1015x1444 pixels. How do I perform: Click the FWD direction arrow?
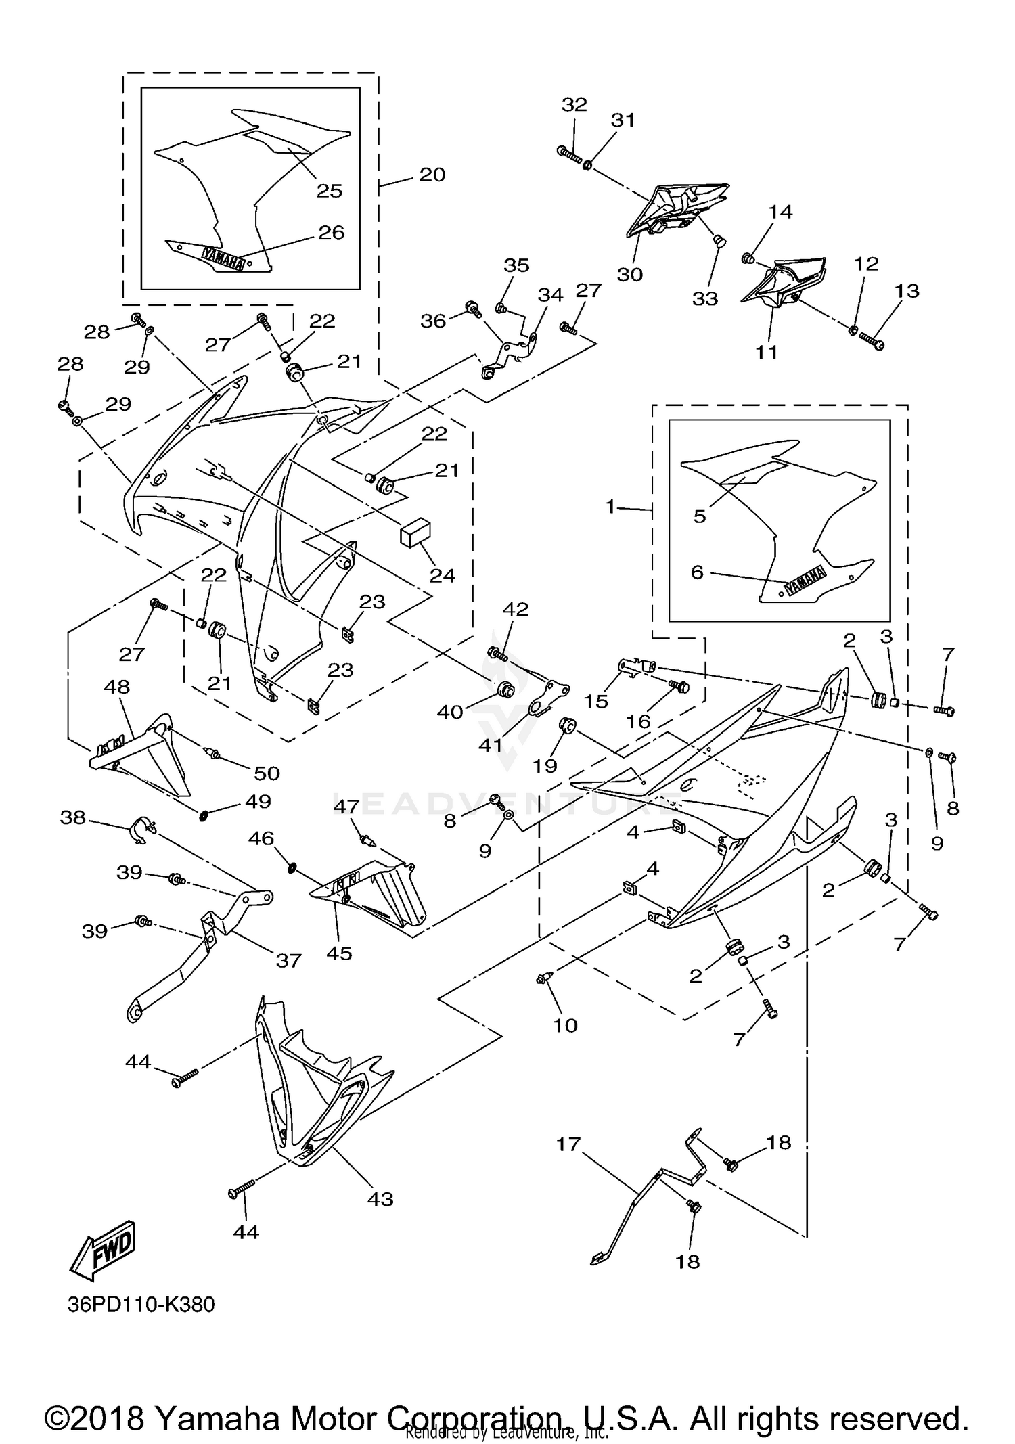(x=104, y=1250)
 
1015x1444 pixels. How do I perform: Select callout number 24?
(x=443, y=575)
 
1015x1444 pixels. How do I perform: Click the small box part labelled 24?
(x=415, y=533)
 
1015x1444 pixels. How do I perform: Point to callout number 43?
(x=380, y=1199)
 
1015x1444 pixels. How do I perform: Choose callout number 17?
(x=568, y=1144)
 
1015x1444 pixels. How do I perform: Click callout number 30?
(x=629, y=275)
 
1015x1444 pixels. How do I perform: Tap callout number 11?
(x=767, y=352)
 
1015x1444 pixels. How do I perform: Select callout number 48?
(x=116, y=687)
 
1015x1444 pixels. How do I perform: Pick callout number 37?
(x=288, y=960)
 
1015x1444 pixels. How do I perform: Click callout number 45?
(x=339, y=953)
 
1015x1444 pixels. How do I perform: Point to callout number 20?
(x=432, y=175)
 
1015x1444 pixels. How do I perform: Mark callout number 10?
(x=565, y=1025)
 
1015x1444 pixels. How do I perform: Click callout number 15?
(x=596, y=701)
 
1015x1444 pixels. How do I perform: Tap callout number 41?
(x=491, y=745)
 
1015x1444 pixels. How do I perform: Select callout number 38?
(x=73, y=818)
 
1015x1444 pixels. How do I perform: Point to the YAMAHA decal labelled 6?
(x=805, y=579)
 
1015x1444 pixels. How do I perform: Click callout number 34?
(x=550, y=295)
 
